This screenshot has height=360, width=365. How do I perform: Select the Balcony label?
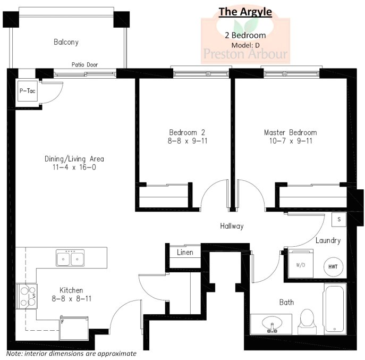(66, 41)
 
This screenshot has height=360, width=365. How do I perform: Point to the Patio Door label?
(84, 65)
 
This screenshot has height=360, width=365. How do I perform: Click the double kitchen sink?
(70, 259)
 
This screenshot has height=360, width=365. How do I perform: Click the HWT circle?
(333, 266)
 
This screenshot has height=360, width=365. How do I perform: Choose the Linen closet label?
(185, 252)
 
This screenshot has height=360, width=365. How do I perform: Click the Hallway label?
(232, 226)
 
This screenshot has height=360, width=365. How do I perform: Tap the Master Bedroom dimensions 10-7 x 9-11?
(290, 141)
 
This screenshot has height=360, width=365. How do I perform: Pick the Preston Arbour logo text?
(245, 54)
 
